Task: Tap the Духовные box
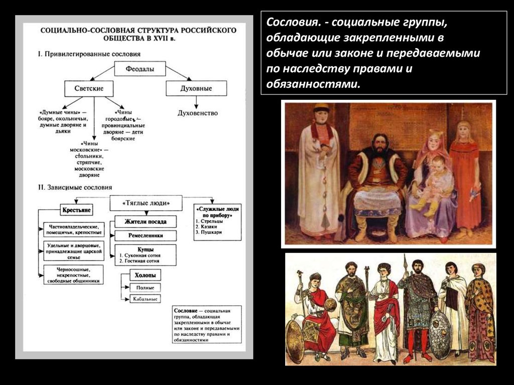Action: click(196, 88)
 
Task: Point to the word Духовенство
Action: click(198, 113)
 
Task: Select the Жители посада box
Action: click(146, 221)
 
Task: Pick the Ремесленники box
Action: click(146, 235)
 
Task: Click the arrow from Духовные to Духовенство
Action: click(196, 102)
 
